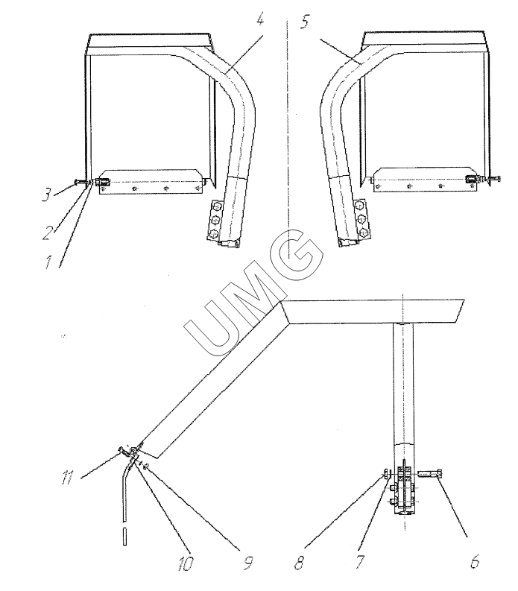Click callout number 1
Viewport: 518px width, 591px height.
[x=48, y=262]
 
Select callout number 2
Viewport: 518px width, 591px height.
[x=47, y=233]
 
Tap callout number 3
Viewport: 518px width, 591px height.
[x=47, y=195]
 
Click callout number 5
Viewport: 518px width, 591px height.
[x=305, y=22]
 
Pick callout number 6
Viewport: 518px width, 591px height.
[x=474, y=561]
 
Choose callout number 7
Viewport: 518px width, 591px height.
[x=361, y=561]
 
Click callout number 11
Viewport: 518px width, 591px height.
[x=67, y=478]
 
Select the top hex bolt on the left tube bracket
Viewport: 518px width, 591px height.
[x=216, y=206]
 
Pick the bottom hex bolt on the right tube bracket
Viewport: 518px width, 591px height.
[x=363, y=231]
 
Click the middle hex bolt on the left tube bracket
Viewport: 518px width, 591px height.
[x=215, y=220]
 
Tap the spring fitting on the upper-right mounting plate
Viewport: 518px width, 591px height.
[x=472, y=180]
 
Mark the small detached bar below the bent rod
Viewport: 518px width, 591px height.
[x=124, y=536]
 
